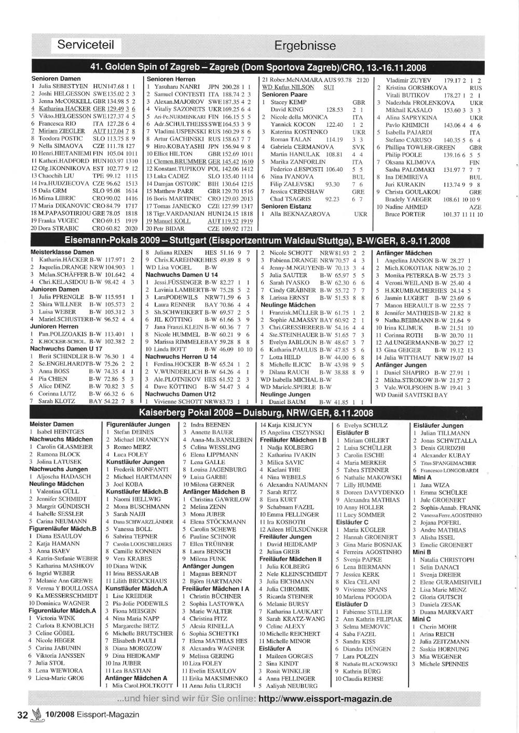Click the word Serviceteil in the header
pyautogui.click(x=86, y=45)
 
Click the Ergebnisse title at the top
pyautogui.click(x=305, y=46)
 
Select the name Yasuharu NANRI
pyautogui.click(x=177, y=87)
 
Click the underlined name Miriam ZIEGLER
pyautogui.click(x=61, y=131)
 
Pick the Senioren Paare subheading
pyautogui.click(x=284, y=95)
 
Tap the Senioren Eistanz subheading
pyautogui.click(x=286, y=206)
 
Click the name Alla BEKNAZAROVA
pyautogui.click(x=300, y=214)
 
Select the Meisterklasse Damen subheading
pyautogui.click(x=62, y=253)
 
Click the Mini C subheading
pyautogui.click(x=421, y=619)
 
